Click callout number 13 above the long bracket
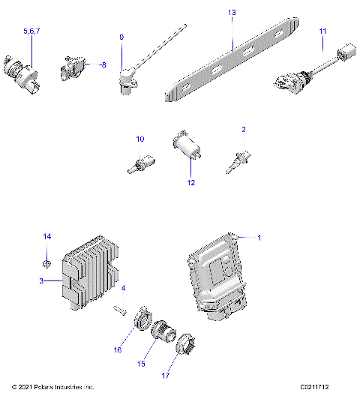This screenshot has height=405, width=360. coord(231,13)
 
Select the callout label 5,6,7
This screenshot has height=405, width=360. coord(32,31)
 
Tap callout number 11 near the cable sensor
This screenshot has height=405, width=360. coord(322,31)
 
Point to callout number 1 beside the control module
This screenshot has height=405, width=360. coord(259,238)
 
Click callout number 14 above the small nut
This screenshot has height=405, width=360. coord(46,237)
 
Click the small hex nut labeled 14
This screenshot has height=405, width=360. coord(46,262)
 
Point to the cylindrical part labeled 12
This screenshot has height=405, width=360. coord(184,147)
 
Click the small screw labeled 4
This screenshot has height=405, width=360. coord(119,307)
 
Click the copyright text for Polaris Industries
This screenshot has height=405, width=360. coord(53,387)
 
